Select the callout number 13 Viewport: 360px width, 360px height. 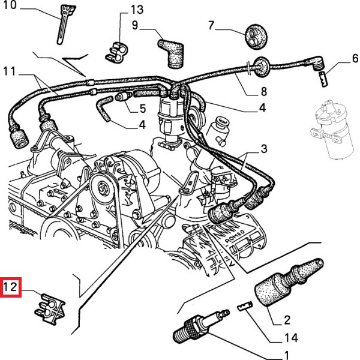click(x=137, y=10)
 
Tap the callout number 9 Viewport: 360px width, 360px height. click(x=135, y=25)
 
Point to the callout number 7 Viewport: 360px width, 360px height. click(x=211, y=25)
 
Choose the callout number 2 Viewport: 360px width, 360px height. click(x=287, y=319)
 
